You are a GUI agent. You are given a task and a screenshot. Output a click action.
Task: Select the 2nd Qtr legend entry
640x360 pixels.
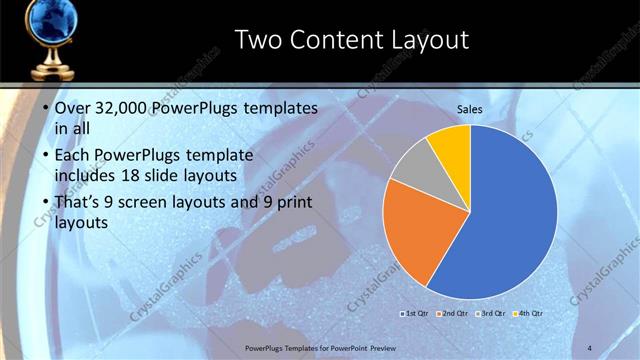454,314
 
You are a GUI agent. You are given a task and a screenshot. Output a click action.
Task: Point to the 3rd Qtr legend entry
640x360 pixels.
492,314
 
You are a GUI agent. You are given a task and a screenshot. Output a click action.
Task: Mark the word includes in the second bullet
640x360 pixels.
89,176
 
